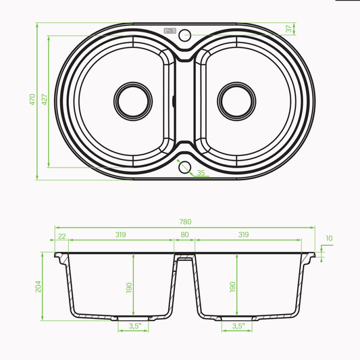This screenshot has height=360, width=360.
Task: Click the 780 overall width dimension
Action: [x=185, y=222]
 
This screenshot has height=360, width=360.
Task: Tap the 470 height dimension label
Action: [x=32, y=99]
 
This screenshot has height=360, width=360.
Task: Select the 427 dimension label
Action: [x=45, y=99]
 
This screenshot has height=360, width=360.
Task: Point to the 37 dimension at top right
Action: [x=289, y=28]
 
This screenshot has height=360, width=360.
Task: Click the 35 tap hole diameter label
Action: [x=201, y=173]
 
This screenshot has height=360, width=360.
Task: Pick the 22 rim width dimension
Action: [x=62, y=236]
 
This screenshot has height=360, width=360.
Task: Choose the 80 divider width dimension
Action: [x=184, y=234]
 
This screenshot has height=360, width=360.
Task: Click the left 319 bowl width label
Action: [x=120, y=234]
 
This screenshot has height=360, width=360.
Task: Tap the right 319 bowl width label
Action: [x=244, y=234]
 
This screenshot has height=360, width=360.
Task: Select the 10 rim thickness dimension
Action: [x=329, y=238]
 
